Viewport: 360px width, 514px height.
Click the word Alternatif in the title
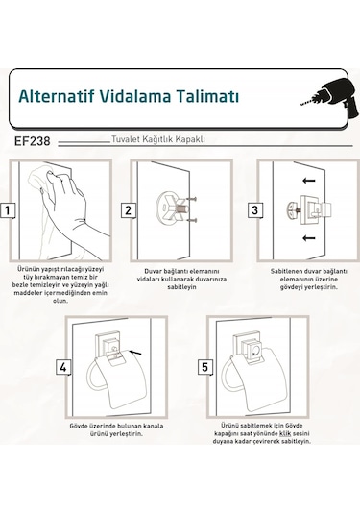[x=57, y=96]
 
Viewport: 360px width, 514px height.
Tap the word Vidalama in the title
[x=134, y=96]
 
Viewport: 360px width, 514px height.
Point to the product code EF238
[x=32, y=141]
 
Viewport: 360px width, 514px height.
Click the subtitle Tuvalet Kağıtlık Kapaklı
[x=158, y=139]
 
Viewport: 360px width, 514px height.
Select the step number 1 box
[x=8, y=210]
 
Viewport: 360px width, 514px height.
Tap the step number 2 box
[x=128, y=210]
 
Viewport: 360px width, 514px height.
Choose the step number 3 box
[x=254, y=210]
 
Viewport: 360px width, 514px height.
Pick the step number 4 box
[x=63, y=367]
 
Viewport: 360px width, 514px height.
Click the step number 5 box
[x=205, y=367]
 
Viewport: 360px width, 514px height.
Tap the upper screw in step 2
[x=191, y=199]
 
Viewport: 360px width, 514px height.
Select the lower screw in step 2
[x=191, y=220]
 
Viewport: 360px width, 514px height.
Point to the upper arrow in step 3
[x=308, y=180]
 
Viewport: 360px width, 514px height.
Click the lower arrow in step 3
[x=308, y=238]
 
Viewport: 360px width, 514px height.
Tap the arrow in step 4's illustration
[x=135, y=353]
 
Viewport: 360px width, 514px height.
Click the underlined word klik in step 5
[x=285, y=433]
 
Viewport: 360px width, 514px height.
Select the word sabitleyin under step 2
[x=181, y=287]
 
